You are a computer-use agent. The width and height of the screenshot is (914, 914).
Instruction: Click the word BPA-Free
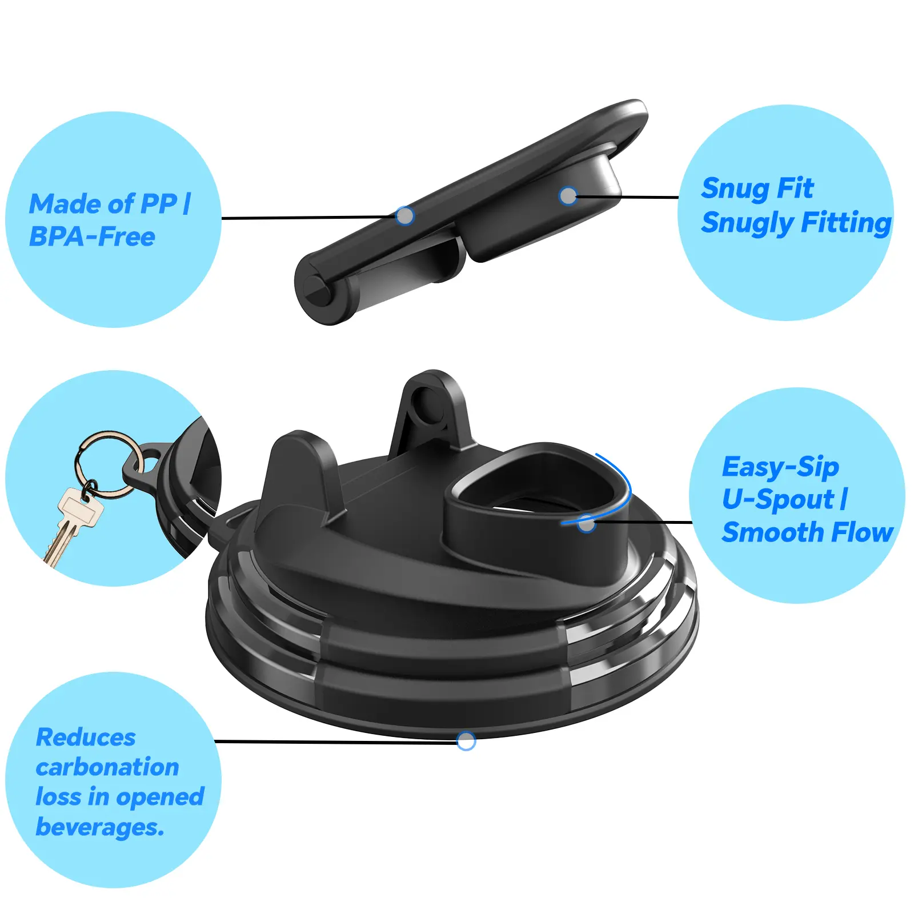pos(92,236)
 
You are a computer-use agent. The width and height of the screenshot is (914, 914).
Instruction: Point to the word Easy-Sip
pos(780,467)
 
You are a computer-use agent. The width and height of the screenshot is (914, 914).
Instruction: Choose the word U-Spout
pos(777,500)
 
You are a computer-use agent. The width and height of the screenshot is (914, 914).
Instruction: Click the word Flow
pos(863,532)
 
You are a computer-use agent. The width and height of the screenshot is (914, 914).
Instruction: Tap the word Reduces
pos(86,737)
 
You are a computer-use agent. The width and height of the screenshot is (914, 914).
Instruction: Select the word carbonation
pos(107,767)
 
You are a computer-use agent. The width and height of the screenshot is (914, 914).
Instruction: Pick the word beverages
pos(100,827)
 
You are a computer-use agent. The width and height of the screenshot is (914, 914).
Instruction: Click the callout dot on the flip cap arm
pos(405,216)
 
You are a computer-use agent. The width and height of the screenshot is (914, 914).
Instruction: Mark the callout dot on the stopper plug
pos(568,196)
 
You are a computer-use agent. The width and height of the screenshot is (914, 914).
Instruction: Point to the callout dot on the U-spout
pos(587,523)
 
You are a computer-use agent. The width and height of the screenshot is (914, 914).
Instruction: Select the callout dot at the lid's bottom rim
pos(466,741)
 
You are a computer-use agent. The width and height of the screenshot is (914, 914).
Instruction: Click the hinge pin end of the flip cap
pos(316,289)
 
